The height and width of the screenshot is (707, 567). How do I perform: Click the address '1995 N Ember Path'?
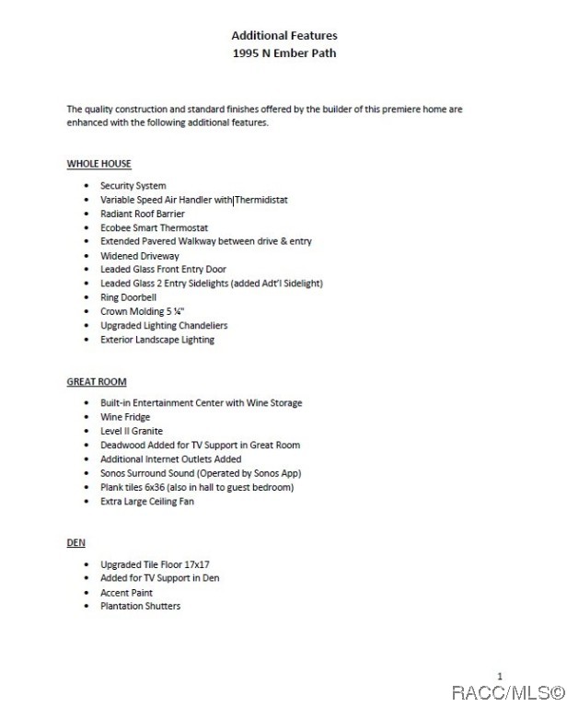283,52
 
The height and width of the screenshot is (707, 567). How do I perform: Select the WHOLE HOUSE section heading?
98,164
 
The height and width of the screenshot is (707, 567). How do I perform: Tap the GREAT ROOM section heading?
97,381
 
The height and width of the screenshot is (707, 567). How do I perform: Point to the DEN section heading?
75,543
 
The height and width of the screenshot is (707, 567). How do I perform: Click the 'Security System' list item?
133,186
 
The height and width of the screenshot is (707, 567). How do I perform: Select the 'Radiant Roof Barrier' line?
142,214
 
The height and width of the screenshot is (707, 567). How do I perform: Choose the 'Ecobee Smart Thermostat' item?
154,227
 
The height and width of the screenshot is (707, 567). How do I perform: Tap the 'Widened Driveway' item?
139,256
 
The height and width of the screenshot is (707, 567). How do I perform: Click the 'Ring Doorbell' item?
128,297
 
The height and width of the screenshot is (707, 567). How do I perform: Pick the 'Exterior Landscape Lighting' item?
156,339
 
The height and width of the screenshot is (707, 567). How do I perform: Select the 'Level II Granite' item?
131,431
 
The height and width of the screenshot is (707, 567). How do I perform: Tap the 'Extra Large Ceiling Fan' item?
146,501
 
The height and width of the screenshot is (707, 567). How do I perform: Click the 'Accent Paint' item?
126,593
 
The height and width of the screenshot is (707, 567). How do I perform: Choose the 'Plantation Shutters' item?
140,607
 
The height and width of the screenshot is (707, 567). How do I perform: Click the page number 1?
500,676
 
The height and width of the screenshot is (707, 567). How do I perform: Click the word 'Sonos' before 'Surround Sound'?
113,473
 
